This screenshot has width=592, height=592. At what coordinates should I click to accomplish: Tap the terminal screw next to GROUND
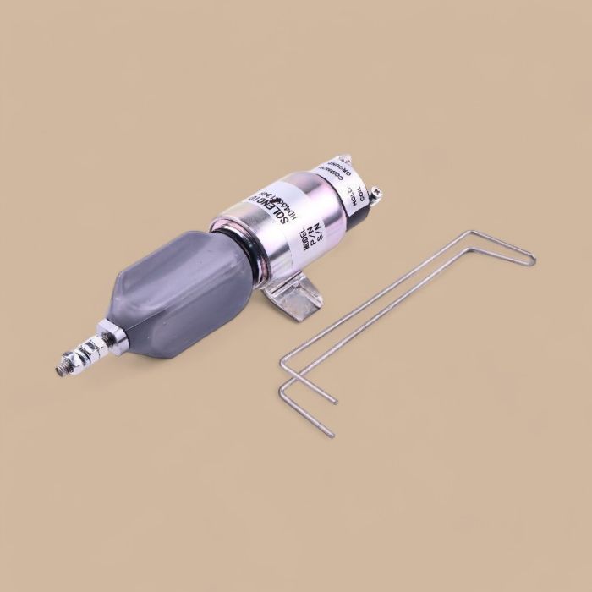pyautogui.click(x=345, y=157)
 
